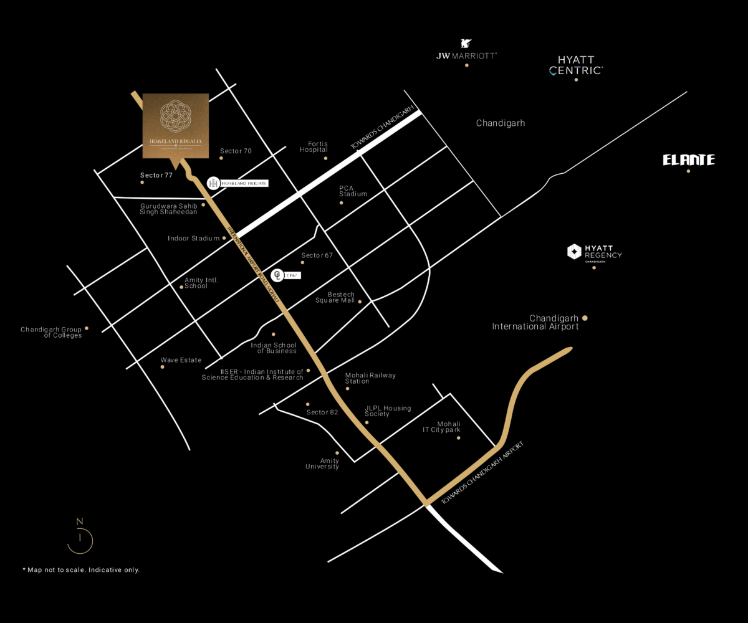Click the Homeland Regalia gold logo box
point(176,126)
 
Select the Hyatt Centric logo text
point(575,65)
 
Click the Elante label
point(688,160)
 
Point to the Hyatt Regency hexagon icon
point(574,252)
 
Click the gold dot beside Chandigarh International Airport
point(585,318)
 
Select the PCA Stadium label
point(353,191)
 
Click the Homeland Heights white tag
point(244,183)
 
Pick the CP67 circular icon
point(276,275)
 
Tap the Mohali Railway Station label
point(370,378)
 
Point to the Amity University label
point(322,464)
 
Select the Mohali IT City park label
point(441,427)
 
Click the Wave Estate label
point(181,360)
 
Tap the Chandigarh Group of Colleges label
point(51,332)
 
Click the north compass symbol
point(80,536)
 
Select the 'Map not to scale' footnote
point(81,570)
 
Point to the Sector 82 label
point(322,412)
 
